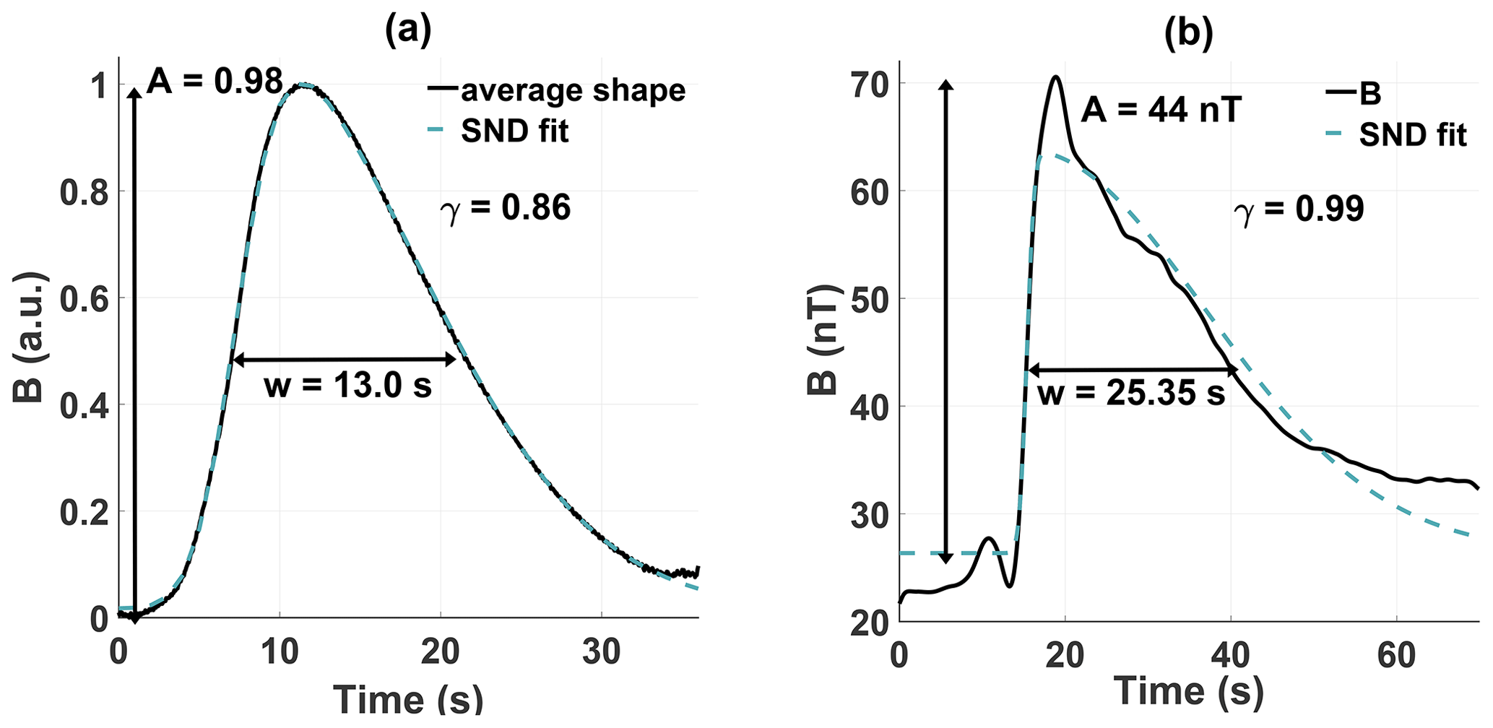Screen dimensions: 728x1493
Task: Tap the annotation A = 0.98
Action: [215, 82]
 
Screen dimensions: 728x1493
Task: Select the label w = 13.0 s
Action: [347, 386]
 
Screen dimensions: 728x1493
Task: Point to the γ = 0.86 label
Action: [506, 207]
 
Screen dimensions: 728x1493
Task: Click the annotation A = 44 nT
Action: [1161, 110]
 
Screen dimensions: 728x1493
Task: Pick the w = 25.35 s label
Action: [1131, 394]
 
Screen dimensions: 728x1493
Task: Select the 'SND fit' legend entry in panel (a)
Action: [514, 131]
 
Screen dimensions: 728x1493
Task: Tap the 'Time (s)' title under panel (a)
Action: [408, 698]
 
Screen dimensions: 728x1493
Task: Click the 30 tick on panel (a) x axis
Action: [602, 652]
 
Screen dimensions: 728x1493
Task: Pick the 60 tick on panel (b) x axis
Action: [1395, 655]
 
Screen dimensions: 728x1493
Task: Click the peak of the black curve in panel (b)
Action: [1056, 77]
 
